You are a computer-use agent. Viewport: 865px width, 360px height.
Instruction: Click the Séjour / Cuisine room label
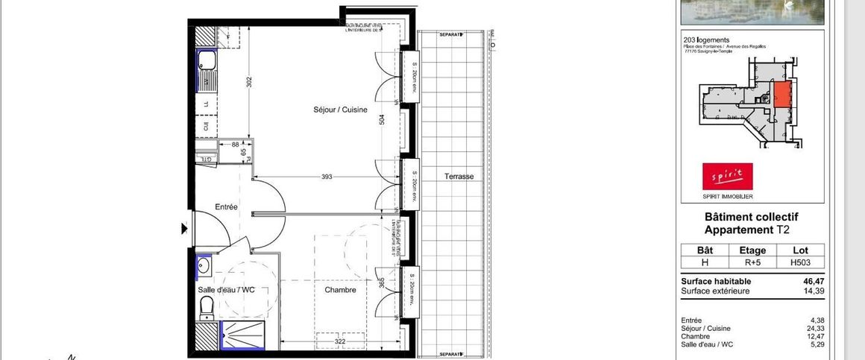340,110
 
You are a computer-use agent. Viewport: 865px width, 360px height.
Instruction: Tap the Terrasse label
459,177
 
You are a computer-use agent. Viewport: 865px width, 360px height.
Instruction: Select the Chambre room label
340,290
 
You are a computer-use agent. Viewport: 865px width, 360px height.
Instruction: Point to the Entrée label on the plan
226,207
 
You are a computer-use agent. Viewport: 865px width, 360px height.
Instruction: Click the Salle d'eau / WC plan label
226,290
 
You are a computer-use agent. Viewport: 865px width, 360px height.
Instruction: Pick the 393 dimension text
327,177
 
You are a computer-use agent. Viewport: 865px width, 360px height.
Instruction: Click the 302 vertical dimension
249,82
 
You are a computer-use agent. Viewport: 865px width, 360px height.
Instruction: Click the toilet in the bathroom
207,306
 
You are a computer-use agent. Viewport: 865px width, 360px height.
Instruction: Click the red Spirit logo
727,177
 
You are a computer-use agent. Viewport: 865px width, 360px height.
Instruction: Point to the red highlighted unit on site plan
781,95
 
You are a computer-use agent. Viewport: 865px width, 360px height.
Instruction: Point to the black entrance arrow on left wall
184,229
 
